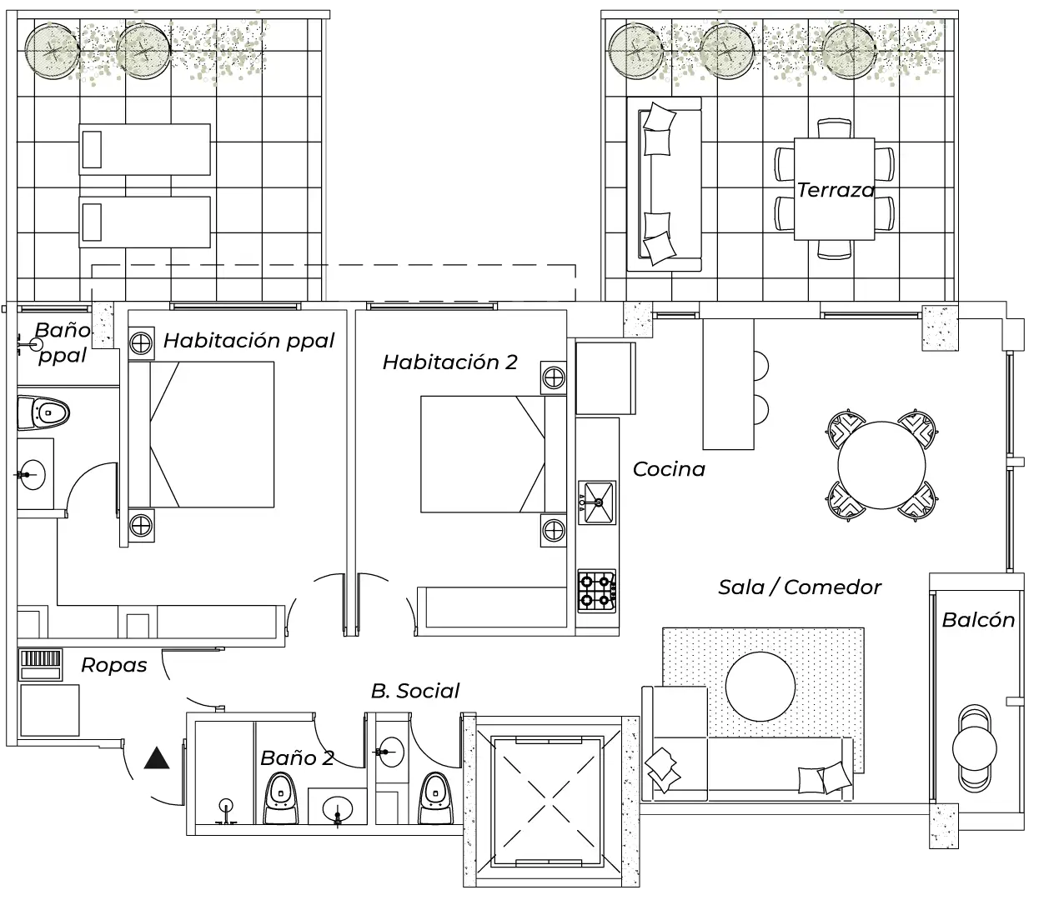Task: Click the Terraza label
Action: (836, 190)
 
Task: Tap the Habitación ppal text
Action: (248, 341)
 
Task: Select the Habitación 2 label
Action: (450, 362)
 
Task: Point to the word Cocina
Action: (669, 470)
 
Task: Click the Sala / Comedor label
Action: (799, 587)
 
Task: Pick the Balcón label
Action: (978, 620)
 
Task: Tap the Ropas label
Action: (114, 666)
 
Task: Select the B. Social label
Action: (415, 691)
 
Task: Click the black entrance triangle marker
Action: (156, 758)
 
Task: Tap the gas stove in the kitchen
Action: (597, 591)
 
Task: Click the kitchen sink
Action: (597, 502)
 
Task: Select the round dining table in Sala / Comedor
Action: (881, 466)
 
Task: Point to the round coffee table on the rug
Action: (760, 687)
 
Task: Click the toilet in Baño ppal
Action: (43, 413)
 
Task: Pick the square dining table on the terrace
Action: (835, 189)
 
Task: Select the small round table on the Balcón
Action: (974, 748)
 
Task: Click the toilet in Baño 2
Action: (281, 798)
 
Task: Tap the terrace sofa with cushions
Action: (664, 184)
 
